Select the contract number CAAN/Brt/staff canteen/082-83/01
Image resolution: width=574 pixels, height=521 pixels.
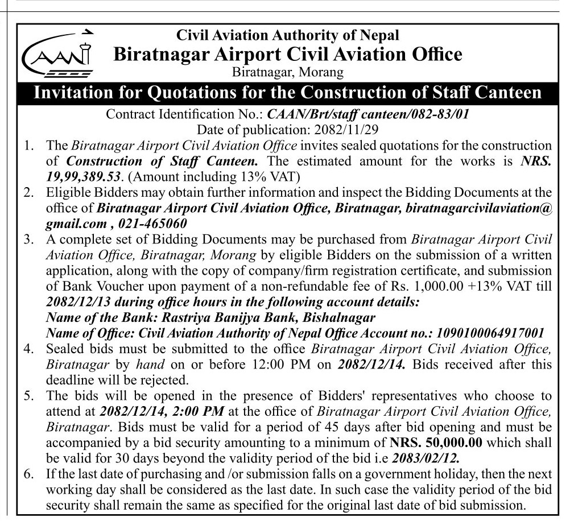[369, 113]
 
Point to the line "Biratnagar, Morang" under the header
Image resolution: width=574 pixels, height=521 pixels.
[288, 73]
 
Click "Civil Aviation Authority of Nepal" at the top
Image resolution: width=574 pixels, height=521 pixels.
[288, 35]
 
